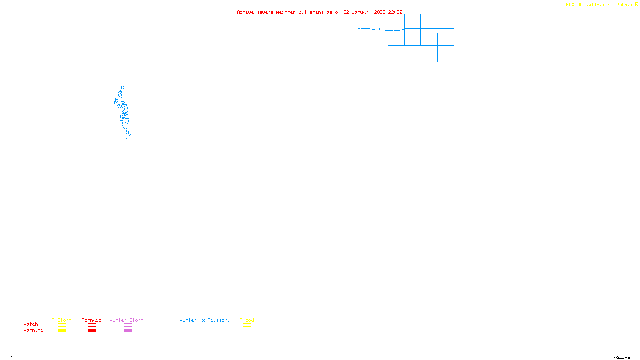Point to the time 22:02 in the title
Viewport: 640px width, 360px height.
pyautogui.click(x=395, y=12)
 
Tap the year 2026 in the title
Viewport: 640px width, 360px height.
pyautogui.click(x=380, y=12)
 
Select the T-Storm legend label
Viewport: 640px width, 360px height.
pyautogui.click(x=62, y=320)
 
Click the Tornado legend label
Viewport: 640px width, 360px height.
pyautogui.click(x=92, y=320)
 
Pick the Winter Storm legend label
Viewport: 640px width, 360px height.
pyautogui.click(x=126, y=320)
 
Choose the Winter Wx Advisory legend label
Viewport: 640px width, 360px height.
pyautogui.click(x=205, y=320)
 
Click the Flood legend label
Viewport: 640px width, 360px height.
pyautogui.click(x=247, y=320)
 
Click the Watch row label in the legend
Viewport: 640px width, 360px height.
pyautogui.click(x=31, y=324)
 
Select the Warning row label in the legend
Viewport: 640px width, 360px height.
pyautogui.click(x=34, y=330)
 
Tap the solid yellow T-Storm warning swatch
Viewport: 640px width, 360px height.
pyautogui.click(x=62, y=331)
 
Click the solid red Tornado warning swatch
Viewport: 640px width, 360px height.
pyautogui.click(x=92, y=331)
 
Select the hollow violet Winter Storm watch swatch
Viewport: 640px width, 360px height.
pyautogui.click(x=128, y=325)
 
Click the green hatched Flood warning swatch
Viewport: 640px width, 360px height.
pyautogui.click(x=247, y=331)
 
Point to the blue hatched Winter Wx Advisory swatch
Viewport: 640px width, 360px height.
pyautogui.click(x=204, y=331)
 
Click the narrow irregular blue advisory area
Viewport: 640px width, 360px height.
pyautogui.click(x=123, y=114)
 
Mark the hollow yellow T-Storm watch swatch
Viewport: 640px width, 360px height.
pyautogui.click(x=62, y=325)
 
